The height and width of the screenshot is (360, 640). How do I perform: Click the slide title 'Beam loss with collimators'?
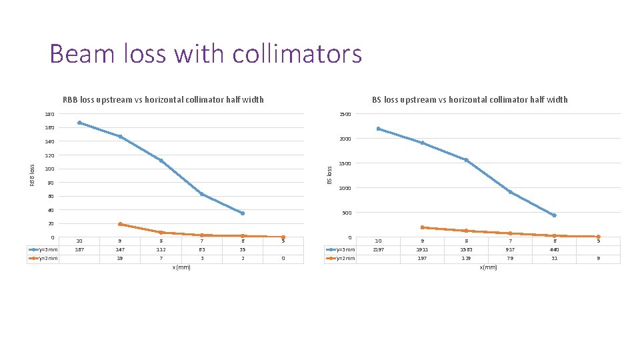(x=205, y=54)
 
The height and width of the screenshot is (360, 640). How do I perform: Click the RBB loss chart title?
(x=163, y=100)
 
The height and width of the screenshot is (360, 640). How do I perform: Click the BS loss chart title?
(x=469, y=100)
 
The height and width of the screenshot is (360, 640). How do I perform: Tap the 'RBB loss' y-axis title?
(x=33, y=175)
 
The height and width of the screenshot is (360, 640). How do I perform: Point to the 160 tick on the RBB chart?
(x=50, y=127)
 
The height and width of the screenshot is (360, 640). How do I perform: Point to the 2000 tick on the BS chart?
(x=344, y=139)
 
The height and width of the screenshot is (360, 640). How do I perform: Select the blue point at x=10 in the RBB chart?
(x=79, y=123)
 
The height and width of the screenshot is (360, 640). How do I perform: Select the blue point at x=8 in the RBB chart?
(x=161, y=161)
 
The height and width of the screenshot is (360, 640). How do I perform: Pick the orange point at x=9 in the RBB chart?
(x=120, y=224)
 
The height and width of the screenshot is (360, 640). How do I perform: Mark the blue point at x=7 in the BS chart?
(x=510, y=192)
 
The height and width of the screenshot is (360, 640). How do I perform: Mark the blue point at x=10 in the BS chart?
(x=378, y=129)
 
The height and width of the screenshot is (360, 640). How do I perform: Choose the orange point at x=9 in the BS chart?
(x=422, y=227)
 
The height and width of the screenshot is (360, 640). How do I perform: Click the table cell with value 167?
(x=79, y=250)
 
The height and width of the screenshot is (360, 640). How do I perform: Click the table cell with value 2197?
(x=378, y=250)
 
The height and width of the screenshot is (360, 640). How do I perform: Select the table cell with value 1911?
(x=422, y=250)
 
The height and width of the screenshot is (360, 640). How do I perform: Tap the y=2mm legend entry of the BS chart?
(x=341, y=258)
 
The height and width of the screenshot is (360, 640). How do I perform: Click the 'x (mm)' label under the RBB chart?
(x=181, y=267)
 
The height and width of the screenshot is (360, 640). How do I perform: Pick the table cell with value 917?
(x=510, y=250)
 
